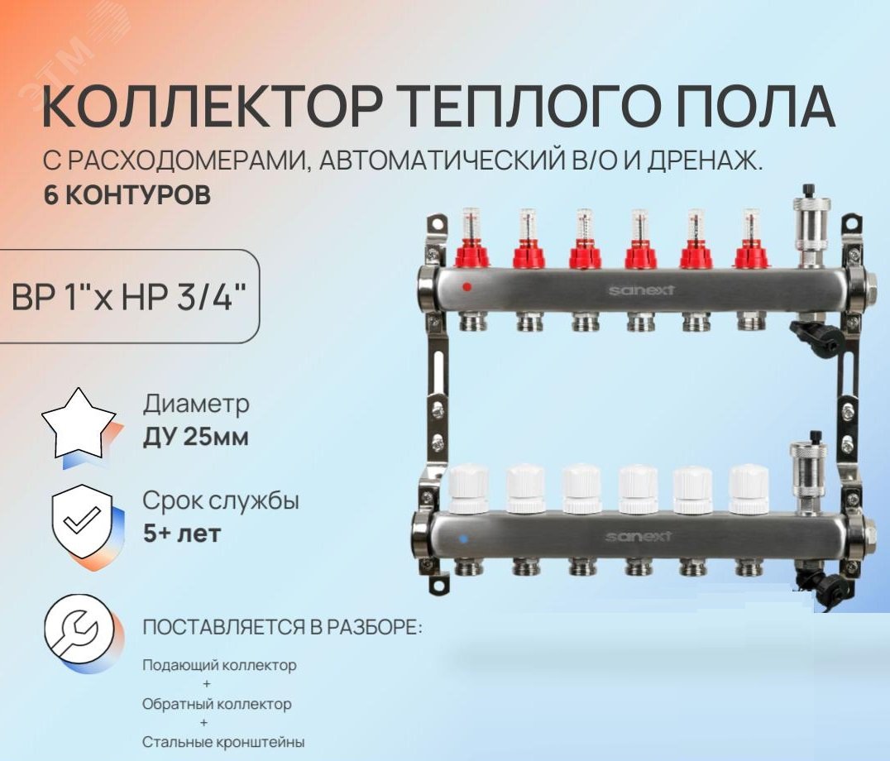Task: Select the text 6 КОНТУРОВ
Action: coord(126,196)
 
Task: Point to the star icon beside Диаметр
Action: coord(81,424)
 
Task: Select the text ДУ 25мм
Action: coord(195,437)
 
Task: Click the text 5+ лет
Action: coord(181,534)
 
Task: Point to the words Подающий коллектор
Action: coord(218,665)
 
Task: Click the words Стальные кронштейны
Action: coord(223,742)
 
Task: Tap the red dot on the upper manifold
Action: coord(467,288)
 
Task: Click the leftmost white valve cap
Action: coord(467,488)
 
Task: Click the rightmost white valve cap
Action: coord(749,488)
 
